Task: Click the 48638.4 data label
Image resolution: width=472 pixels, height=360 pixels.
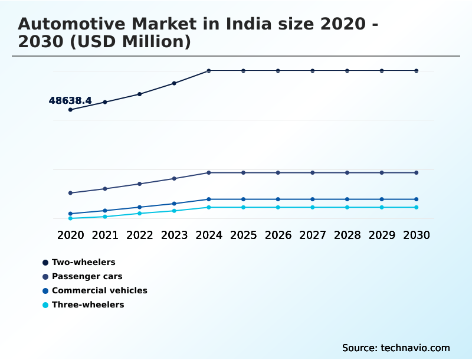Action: pyautogui.click(x=70, y=101)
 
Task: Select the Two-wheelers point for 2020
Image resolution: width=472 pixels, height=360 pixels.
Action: pyautogui.click(x=70, y=110)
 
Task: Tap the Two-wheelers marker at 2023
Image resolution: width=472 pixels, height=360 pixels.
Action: pyautogui.click(x=174, y=83)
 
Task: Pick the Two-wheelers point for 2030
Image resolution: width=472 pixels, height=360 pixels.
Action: pyautogui.click(x=417, y=71)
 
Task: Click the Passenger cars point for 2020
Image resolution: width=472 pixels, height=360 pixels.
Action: pyautogui.click(x=70, y=193)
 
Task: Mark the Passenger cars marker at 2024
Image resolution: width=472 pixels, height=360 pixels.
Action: pyautogui.click(x=209, y=173)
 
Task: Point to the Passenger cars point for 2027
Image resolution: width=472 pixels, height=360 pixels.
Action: pyautogui.click(x=313, y=173)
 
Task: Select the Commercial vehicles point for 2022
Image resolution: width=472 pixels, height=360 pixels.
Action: pyautogui.click(x=140, y=207)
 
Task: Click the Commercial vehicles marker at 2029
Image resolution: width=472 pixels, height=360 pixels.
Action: pyautogui.click(x=382, y=199)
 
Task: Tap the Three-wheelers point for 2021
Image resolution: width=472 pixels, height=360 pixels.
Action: pyautogui.click(x=105, y=217)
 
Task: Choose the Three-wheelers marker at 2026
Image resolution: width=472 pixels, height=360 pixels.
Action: pyautogui.click(x=278, y=207)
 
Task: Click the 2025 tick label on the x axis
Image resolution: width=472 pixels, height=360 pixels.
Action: pyautogui.click(x=243, y=235)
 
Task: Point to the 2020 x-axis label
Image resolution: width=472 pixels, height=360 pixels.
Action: pyautogui.click(x=70, y=235)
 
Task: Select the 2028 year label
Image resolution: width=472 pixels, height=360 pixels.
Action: pyautogui.click(x=347, y=235)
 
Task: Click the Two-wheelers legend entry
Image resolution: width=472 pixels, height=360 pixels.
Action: pyautogui.click(x=83, y=262)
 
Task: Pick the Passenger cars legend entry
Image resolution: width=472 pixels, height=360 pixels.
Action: pyautogui.click(x=87, y=276)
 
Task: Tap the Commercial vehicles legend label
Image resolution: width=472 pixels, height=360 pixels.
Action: pyautogui.click(x=99, y=290)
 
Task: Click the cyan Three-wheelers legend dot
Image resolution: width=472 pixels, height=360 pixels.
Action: pyautogui.click(x=45, y=305)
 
